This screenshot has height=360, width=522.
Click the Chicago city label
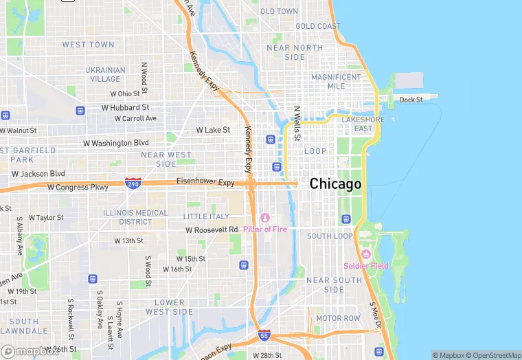coord(335,184)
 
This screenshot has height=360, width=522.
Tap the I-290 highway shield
coord(134,183)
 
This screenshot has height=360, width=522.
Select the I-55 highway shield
coord(264,335)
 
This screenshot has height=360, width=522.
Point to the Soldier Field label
coord(366,266)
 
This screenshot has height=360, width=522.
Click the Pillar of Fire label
coord(269,229)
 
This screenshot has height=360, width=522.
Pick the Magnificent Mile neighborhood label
coord(337,82)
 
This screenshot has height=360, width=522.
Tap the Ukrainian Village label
coord(105,74)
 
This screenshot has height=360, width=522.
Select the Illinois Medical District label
coord(136,217)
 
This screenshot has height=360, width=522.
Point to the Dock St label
coord(411,100)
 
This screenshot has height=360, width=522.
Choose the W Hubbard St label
coord(125,108)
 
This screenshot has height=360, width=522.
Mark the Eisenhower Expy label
coord(205,183)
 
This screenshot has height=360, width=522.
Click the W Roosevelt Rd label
coord(212,229)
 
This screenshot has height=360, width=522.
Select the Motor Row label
coord(338,319)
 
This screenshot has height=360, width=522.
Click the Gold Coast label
coord(318,26)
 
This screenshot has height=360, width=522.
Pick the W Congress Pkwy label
coord(78,187)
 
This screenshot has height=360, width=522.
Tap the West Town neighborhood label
coord(88,45)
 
